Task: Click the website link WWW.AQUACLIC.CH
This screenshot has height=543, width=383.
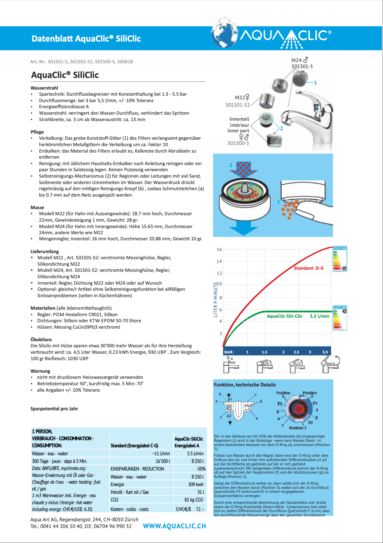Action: (174, 526)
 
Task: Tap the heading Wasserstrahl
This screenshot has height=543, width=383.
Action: (44, 88)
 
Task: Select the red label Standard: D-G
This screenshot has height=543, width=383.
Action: (308, 268)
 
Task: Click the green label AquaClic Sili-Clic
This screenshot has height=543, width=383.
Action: (284, 316)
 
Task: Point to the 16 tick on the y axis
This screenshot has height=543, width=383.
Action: (219, 249)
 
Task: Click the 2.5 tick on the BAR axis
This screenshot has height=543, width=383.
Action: (296, 352)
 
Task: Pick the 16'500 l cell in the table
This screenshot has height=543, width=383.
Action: (162, 461)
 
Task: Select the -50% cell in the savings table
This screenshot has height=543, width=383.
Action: (200, 469)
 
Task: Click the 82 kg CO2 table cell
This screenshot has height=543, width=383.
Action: (194, 500)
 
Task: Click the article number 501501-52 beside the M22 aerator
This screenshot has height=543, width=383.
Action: (238, 105)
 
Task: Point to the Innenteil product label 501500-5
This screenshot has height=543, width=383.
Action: (238, 143)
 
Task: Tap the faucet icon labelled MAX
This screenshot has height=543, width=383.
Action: (329, 364)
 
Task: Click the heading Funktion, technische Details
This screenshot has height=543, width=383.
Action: (245, 385)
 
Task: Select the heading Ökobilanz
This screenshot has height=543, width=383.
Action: (41, 339)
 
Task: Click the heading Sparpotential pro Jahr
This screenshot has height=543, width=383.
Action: (54, 408)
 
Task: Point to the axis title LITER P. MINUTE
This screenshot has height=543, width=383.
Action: (216, 300)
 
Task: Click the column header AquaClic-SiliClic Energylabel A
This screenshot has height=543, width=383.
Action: (188, 442)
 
